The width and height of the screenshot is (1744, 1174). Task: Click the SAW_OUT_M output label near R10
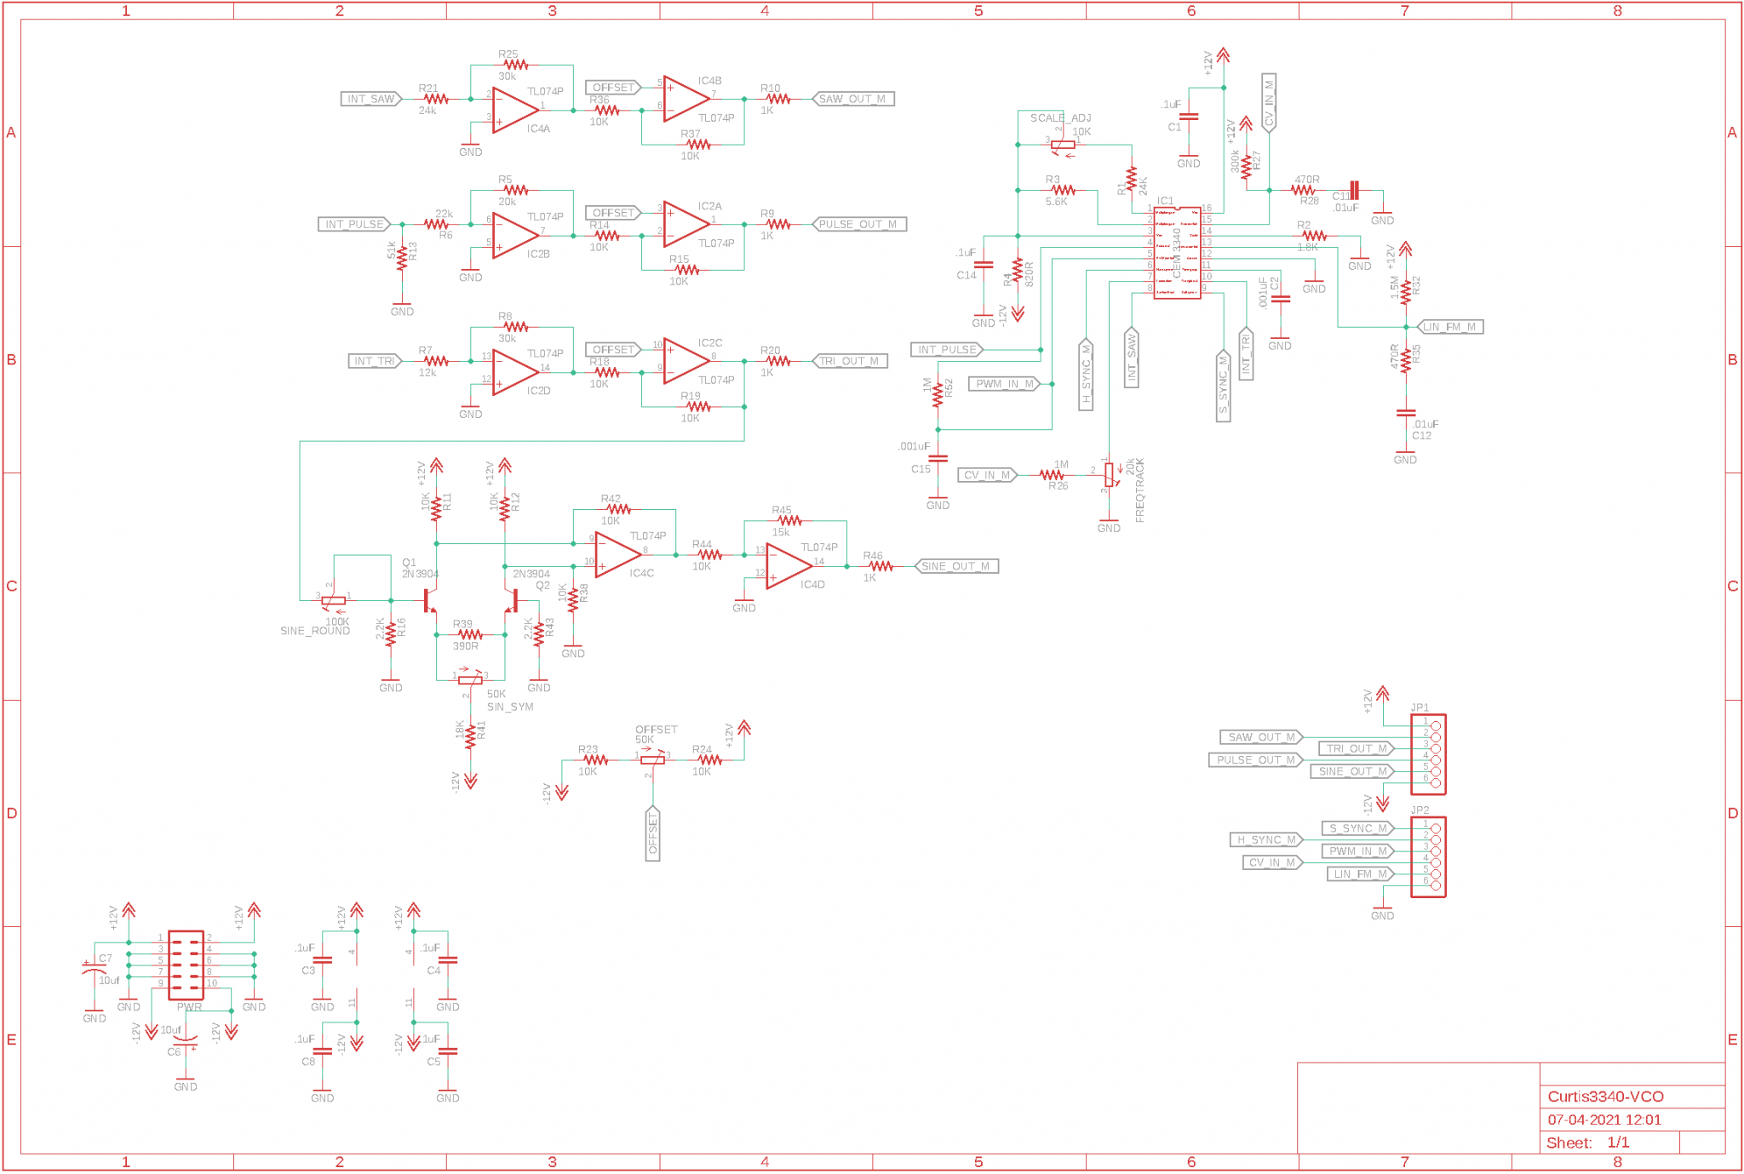point(852,99)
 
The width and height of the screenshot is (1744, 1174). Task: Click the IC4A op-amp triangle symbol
point(514,110)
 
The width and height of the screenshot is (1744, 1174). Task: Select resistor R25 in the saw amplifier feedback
point(514,65)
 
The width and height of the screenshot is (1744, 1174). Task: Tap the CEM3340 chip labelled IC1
point(1177,253)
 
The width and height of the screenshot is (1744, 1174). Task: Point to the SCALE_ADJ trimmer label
point(1059,118)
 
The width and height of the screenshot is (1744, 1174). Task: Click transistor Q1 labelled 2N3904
point(430,601)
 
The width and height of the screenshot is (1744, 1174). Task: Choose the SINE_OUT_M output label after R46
point(955,566)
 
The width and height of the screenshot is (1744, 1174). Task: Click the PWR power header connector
point(186,965)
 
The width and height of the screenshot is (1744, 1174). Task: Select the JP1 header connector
point(1428,754)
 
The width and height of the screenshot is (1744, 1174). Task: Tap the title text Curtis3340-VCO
point(1605,1097)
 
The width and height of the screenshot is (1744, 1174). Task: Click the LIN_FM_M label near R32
point(1449,327)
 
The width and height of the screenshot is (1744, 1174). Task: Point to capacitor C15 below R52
point(938,459)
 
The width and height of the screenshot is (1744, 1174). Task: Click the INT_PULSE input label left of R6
point(354,225)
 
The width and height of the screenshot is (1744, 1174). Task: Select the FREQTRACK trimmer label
point(1139,490)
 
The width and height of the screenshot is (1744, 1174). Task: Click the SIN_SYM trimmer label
point(510,707)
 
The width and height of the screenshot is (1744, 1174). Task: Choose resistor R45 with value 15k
point(789,520)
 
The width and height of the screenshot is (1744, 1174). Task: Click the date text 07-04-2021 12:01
point(1604,1120)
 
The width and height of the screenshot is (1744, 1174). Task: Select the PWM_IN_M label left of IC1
point(1005,384)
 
